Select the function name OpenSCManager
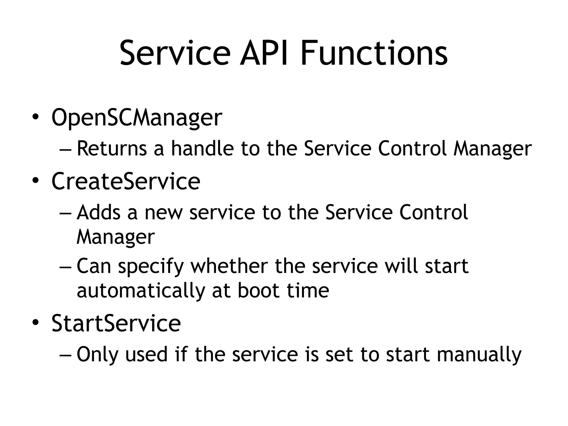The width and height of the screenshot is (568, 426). pos(137,118)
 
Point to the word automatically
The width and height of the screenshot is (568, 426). pos(141,291)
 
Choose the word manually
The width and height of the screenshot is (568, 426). pos(479,355)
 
